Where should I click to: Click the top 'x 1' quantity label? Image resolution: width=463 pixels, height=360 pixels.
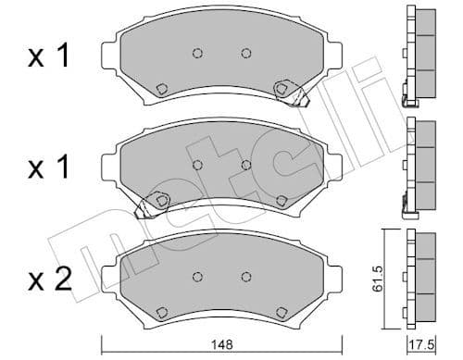[49, 57]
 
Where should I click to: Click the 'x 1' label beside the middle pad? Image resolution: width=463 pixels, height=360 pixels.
[49, 169]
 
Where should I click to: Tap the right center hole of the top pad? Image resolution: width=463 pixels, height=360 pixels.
[245, 53]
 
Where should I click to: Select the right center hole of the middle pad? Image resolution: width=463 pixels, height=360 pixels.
[245, 165]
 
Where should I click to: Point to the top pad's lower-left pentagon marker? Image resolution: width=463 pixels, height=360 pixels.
[161, 90]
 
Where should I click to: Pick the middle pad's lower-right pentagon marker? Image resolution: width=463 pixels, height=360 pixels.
[282, 200]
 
